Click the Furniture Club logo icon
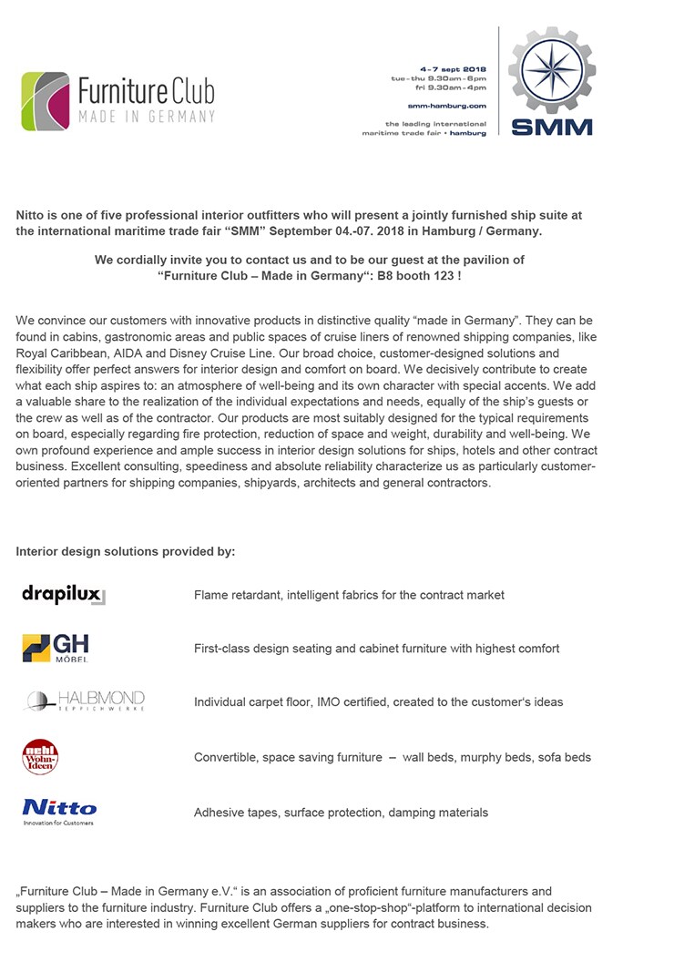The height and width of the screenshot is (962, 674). coord(45,101)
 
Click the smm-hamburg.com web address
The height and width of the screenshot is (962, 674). coord(446,106)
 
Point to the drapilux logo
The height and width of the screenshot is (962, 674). coord(64,595)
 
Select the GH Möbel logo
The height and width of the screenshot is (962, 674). coord(56,648)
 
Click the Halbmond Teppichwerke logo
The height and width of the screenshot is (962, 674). coord(84,701)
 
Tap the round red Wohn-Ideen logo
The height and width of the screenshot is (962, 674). coord(40,756)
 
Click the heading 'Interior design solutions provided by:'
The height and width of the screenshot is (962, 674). coord(126,551)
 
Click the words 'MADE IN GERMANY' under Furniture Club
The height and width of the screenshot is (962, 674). coord(146,116)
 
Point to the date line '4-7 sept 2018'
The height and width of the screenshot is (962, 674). coord(453,69)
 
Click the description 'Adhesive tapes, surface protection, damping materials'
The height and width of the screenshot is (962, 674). coord(341,812)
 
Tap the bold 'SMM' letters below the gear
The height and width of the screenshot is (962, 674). coord(551,127)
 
